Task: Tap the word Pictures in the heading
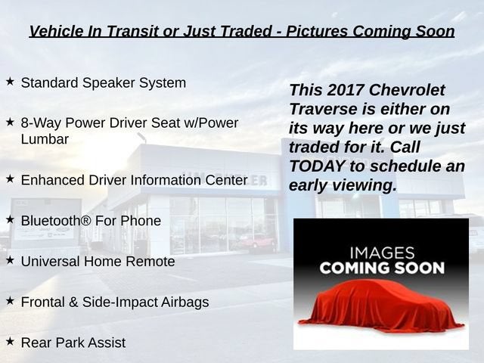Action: click(x=318, y=31)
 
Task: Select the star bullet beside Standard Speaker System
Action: click(x=10, y=82)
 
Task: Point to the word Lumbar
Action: click(x=45, y=139)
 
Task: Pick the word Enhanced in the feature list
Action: click(x=52, y=180)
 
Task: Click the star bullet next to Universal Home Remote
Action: click(x=10, y=260)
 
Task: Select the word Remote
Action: click(x=150, y=262)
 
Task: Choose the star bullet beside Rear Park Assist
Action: click(x=10, y=341)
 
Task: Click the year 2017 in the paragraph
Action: click(x=345, y=90)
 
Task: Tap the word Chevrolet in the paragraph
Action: click(x=407, y=90)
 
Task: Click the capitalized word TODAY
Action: click(x=317, y=166)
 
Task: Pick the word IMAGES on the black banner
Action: click(x=382, y=253)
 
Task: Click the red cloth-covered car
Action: click(x=381, y=306)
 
